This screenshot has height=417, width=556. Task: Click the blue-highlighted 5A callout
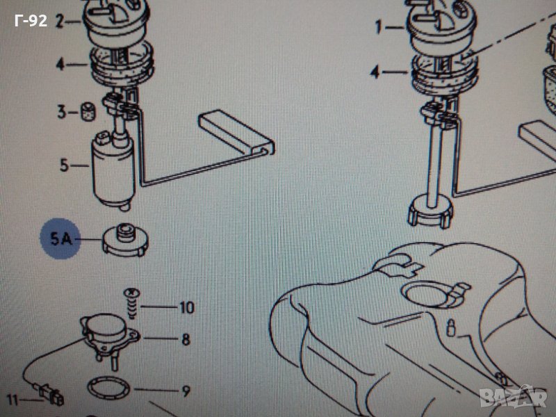point(61,238)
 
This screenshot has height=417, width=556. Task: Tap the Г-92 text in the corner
point(31,21)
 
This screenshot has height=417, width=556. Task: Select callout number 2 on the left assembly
point(60,22)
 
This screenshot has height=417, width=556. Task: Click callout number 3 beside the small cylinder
point(61,112)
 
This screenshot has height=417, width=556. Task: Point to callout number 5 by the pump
point(64,165)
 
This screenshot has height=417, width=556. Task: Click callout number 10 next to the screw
point(187,307)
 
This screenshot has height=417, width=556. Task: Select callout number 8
point(186,339)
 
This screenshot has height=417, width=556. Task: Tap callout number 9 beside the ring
point(186,391)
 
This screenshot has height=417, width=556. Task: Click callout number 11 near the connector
point(12,400)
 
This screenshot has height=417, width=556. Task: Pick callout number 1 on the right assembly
point(379,27)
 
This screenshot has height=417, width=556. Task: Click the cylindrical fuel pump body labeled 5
point(113,171)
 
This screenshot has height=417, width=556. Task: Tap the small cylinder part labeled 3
point(88,111)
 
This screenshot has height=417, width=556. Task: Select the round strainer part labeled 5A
point(125,240)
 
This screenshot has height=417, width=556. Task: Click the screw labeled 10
point(131,304)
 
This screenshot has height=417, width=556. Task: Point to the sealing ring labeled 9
point(108,389)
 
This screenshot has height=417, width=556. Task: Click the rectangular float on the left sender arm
point(236,132)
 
